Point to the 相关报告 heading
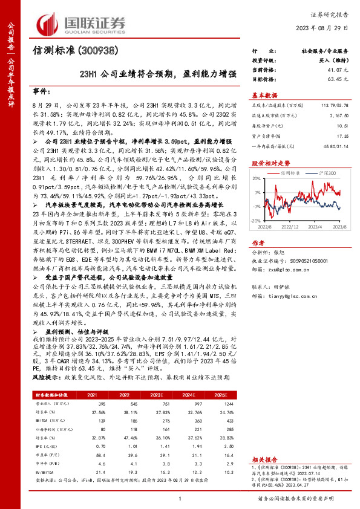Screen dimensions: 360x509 pyautogui.click(x=265, y=459)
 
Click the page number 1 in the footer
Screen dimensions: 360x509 pyautogui.click(x=180, y=498)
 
